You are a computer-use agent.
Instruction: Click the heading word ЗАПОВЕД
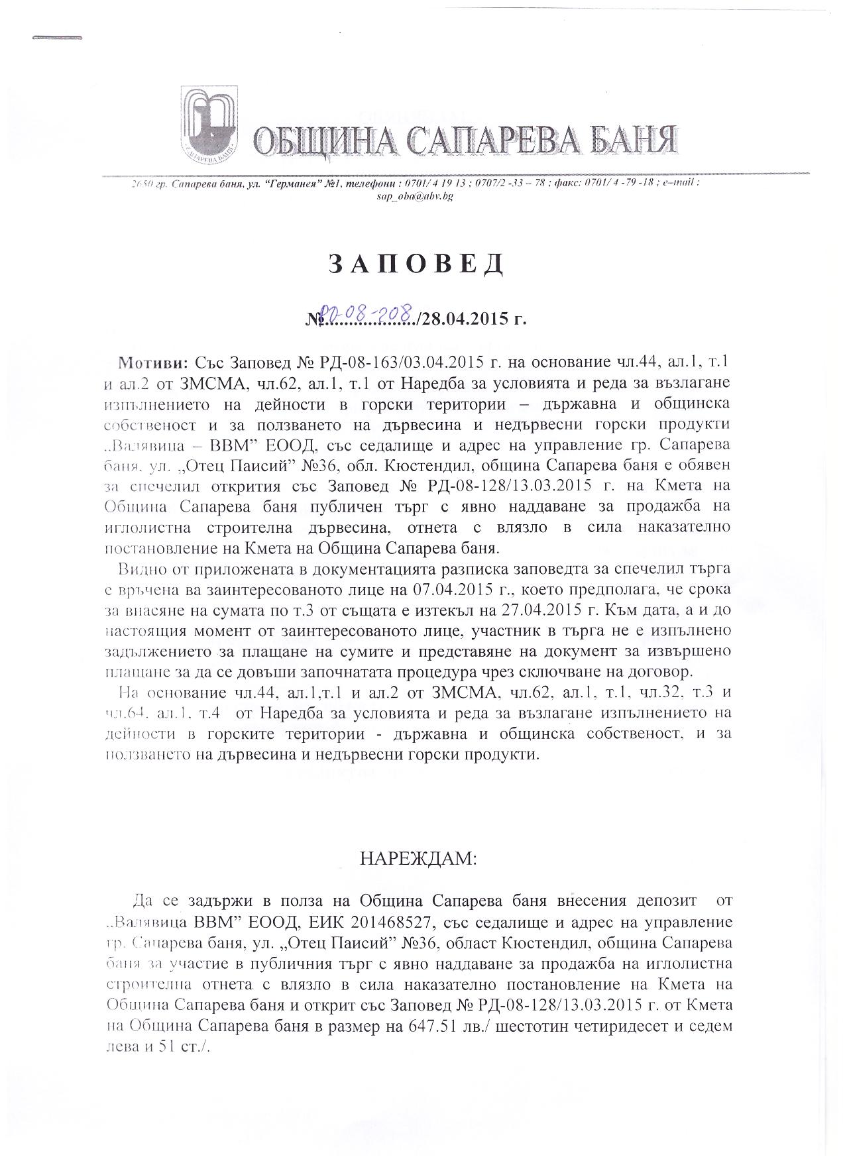[416, 264]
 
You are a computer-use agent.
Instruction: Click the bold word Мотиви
[154, 363]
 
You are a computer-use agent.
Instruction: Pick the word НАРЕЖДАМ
[418, 859]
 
